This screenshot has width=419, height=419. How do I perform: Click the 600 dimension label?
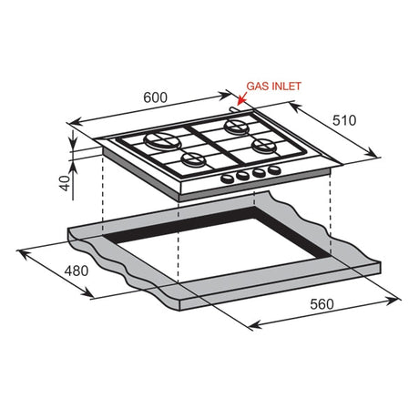(155, 97)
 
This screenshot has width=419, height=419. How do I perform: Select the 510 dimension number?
(344, 120)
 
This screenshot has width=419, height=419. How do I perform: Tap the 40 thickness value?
(66, 183)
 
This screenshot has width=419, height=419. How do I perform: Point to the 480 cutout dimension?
(77, 271)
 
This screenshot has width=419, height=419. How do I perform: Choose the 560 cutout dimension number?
(322, 304)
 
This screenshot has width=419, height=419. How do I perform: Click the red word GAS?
(257, 87)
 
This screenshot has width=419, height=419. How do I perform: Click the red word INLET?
(286, 87)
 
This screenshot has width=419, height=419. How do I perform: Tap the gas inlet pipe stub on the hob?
(234, 109)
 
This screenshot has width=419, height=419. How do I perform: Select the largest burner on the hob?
(162, 141)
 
